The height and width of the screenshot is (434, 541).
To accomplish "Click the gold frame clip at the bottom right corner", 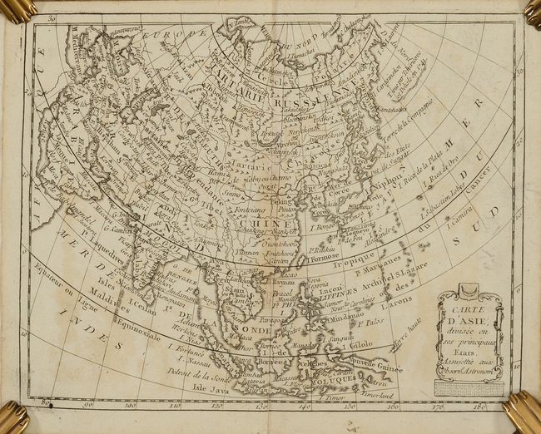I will (x=522, y=412).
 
